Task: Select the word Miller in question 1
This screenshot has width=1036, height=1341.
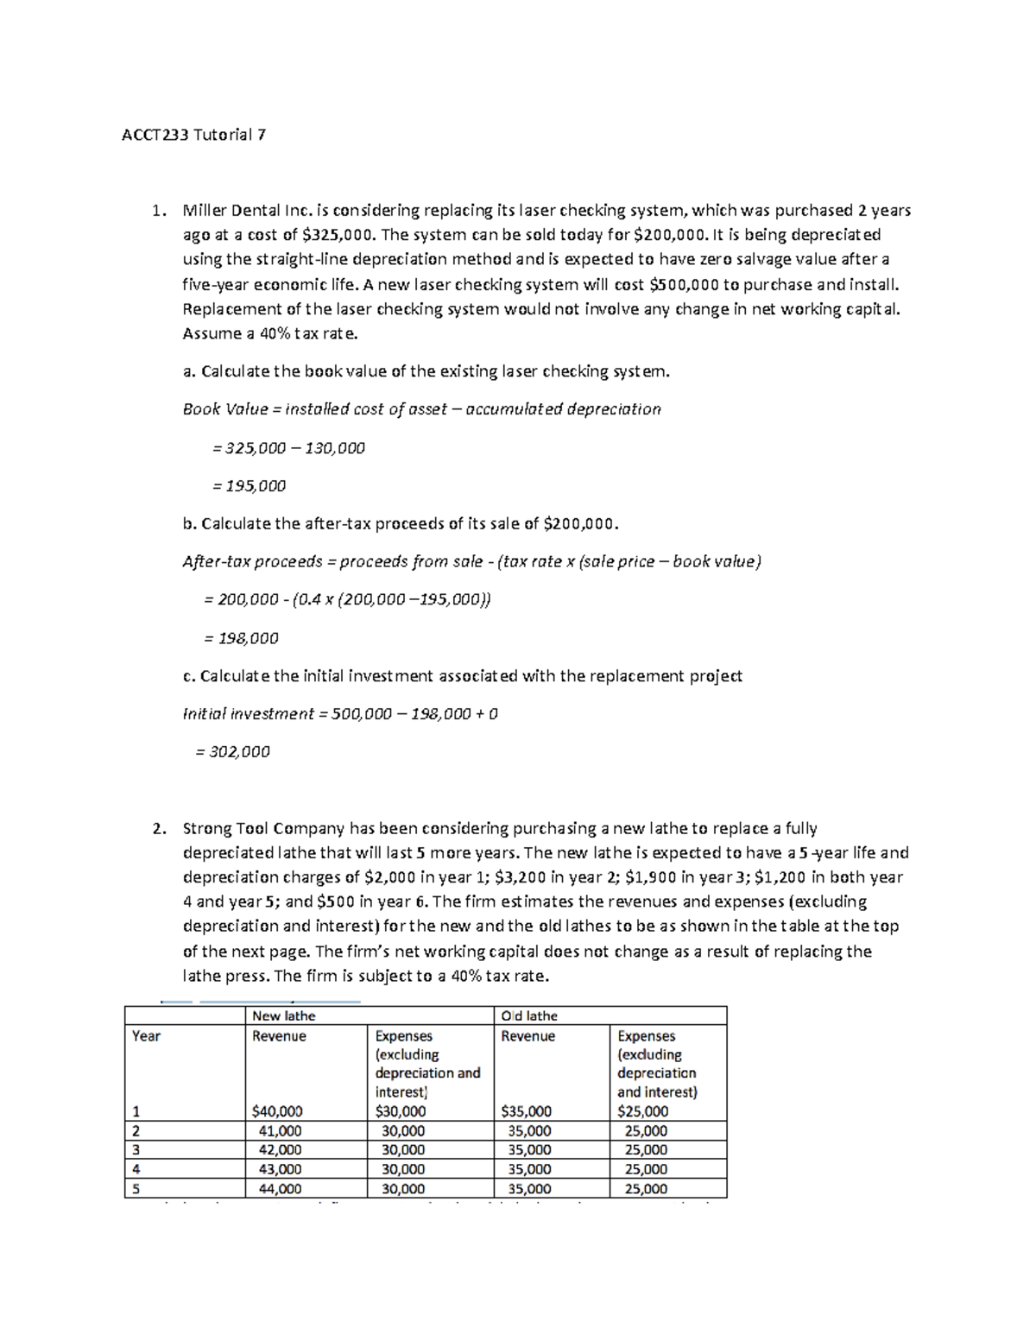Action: [205, 210]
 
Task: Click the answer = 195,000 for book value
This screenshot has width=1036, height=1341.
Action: [249, 486]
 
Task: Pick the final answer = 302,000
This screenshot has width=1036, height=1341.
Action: [232, 752]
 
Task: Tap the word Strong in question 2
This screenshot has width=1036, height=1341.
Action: [207, 829]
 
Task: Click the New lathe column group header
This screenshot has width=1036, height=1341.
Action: [283, 1016]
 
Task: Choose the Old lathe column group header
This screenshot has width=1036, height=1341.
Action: [529, 1016]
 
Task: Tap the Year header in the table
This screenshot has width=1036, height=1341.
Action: [146, 1036]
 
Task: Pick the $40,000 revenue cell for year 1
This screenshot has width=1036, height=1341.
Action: [276, 1112]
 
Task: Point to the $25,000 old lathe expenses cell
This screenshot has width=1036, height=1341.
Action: [642, 1112]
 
